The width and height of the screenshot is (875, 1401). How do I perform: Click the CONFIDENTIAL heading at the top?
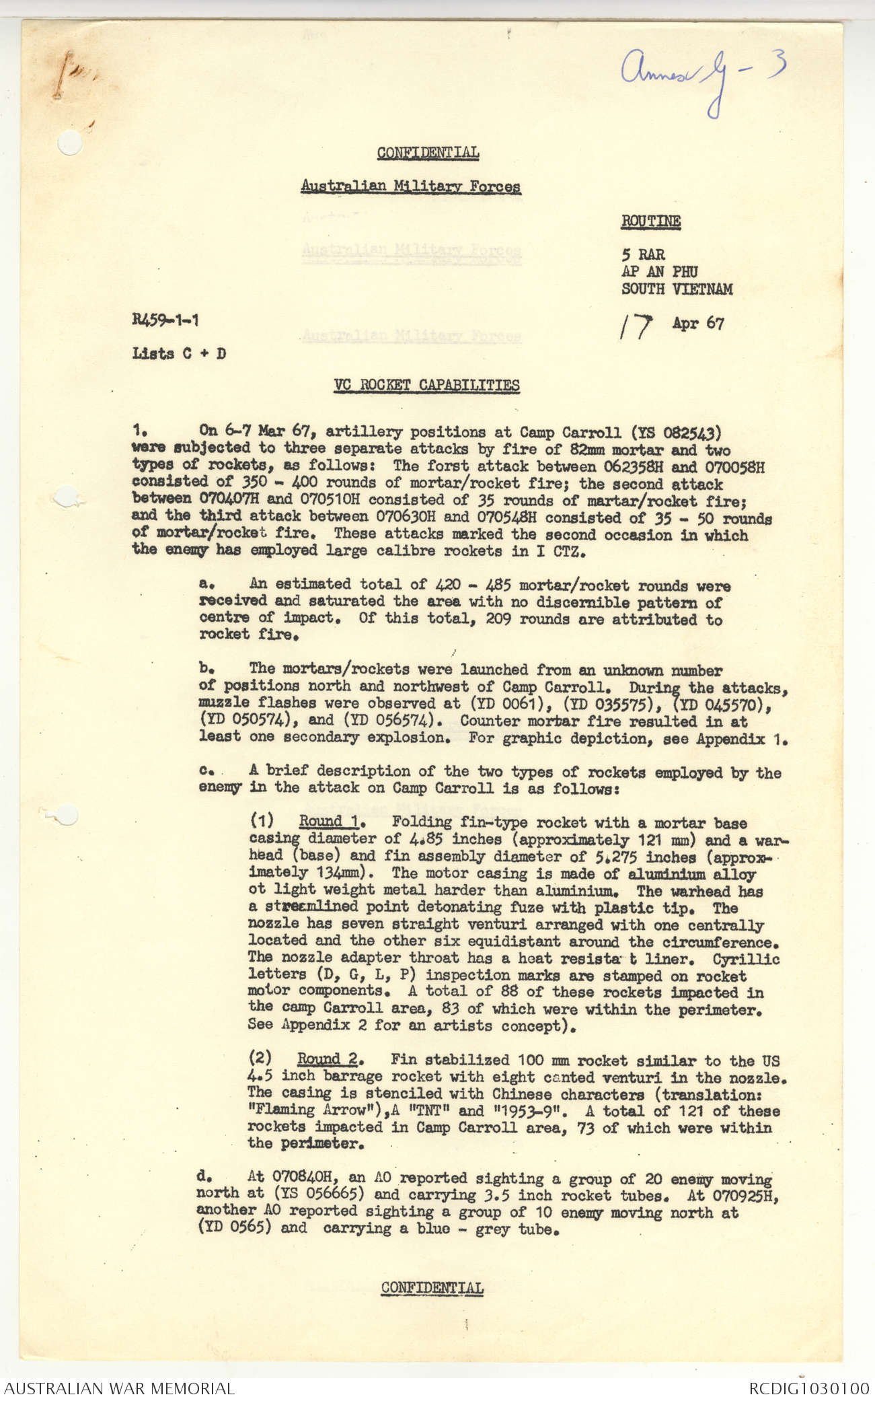428,153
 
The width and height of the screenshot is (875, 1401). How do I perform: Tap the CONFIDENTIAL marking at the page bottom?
432,1288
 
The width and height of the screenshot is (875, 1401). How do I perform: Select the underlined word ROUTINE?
650,221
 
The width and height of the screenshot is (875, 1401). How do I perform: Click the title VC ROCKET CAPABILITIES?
426,386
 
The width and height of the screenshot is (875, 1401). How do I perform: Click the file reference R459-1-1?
165,320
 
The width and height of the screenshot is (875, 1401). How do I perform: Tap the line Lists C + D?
179,353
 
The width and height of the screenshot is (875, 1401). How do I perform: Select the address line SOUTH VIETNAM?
677,289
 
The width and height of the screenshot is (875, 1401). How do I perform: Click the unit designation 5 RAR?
643,255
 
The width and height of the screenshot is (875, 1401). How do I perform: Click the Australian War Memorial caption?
120,1388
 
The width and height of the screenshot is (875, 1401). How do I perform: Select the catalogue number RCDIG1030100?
809,1388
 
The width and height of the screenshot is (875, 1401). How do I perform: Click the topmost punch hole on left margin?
70,142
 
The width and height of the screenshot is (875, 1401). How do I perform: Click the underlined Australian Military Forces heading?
410,186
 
